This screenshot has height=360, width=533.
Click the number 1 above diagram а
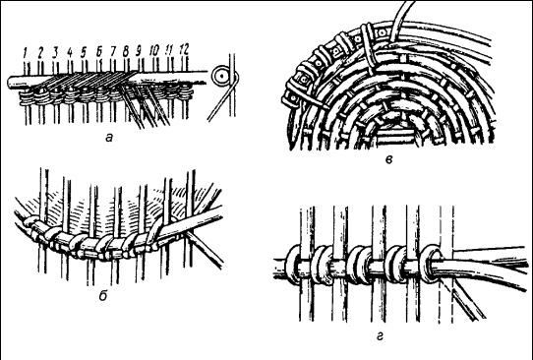pos(25,53)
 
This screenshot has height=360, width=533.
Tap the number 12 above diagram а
pos(184,50)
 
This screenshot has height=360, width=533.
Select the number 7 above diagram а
pos(113,52)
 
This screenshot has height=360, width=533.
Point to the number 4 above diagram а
pos(70,52)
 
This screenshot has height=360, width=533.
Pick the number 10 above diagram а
pos(154,51)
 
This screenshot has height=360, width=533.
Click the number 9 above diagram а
pos(139,51)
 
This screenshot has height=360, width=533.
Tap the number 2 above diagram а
pos(40,52)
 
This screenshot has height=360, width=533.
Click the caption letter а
pos(109,138)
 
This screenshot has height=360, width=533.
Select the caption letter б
pos(103,295)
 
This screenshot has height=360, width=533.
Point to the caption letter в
pos(389,159)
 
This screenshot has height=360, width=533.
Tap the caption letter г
pos(381,336)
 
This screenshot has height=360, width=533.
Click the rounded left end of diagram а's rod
pos(10,83)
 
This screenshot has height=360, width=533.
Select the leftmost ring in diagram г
pos(293,265)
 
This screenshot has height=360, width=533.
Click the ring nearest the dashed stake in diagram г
pos(430,264)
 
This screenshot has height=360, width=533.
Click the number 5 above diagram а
pos(84,52)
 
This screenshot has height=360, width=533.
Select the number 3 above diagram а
pos(55,52)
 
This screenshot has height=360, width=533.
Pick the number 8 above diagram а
pos(126,52)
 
